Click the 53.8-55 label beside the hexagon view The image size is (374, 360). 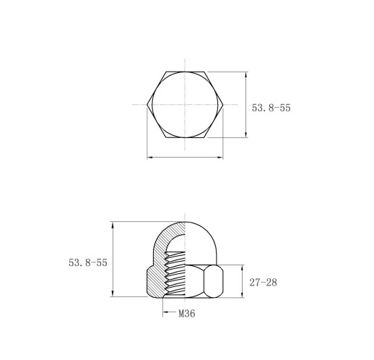point(271,108)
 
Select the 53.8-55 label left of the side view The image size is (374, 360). point(88,262)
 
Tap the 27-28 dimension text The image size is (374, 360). point(263,283)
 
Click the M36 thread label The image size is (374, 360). point(187,314)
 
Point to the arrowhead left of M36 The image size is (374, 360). point(165,312)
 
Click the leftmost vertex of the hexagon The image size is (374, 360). point(147,105)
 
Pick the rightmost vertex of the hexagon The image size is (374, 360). point(223,105)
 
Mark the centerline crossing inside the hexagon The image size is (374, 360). point(185,105)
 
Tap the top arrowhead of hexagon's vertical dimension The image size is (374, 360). point(245,74)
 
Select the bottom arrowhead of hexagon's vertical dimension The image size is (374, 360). point(245,134)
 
